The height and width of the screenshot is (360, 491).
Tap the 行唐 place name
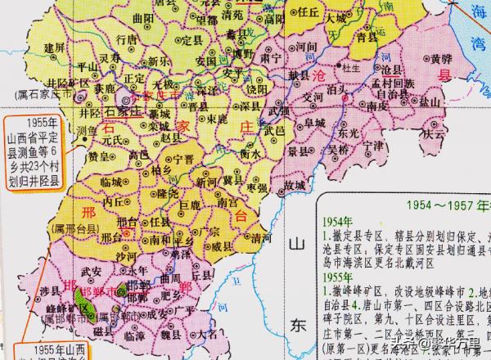pyautogui.click(x=127, y=38)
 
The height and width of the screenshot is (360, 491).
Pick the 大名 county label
pyautogui.click(x=196, y=335)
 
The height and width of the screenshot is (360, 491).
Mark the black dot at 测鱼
pyautogui.click(x=82, y=131)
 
